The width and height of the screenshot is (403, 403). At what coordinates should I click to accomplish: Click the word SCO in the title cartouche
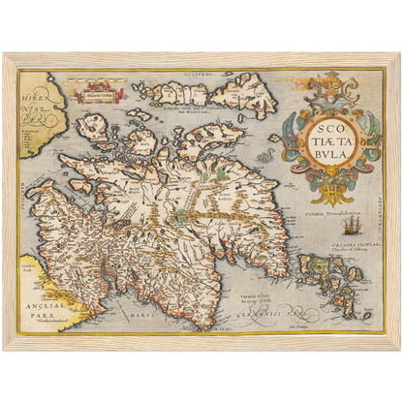point(322,126)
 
